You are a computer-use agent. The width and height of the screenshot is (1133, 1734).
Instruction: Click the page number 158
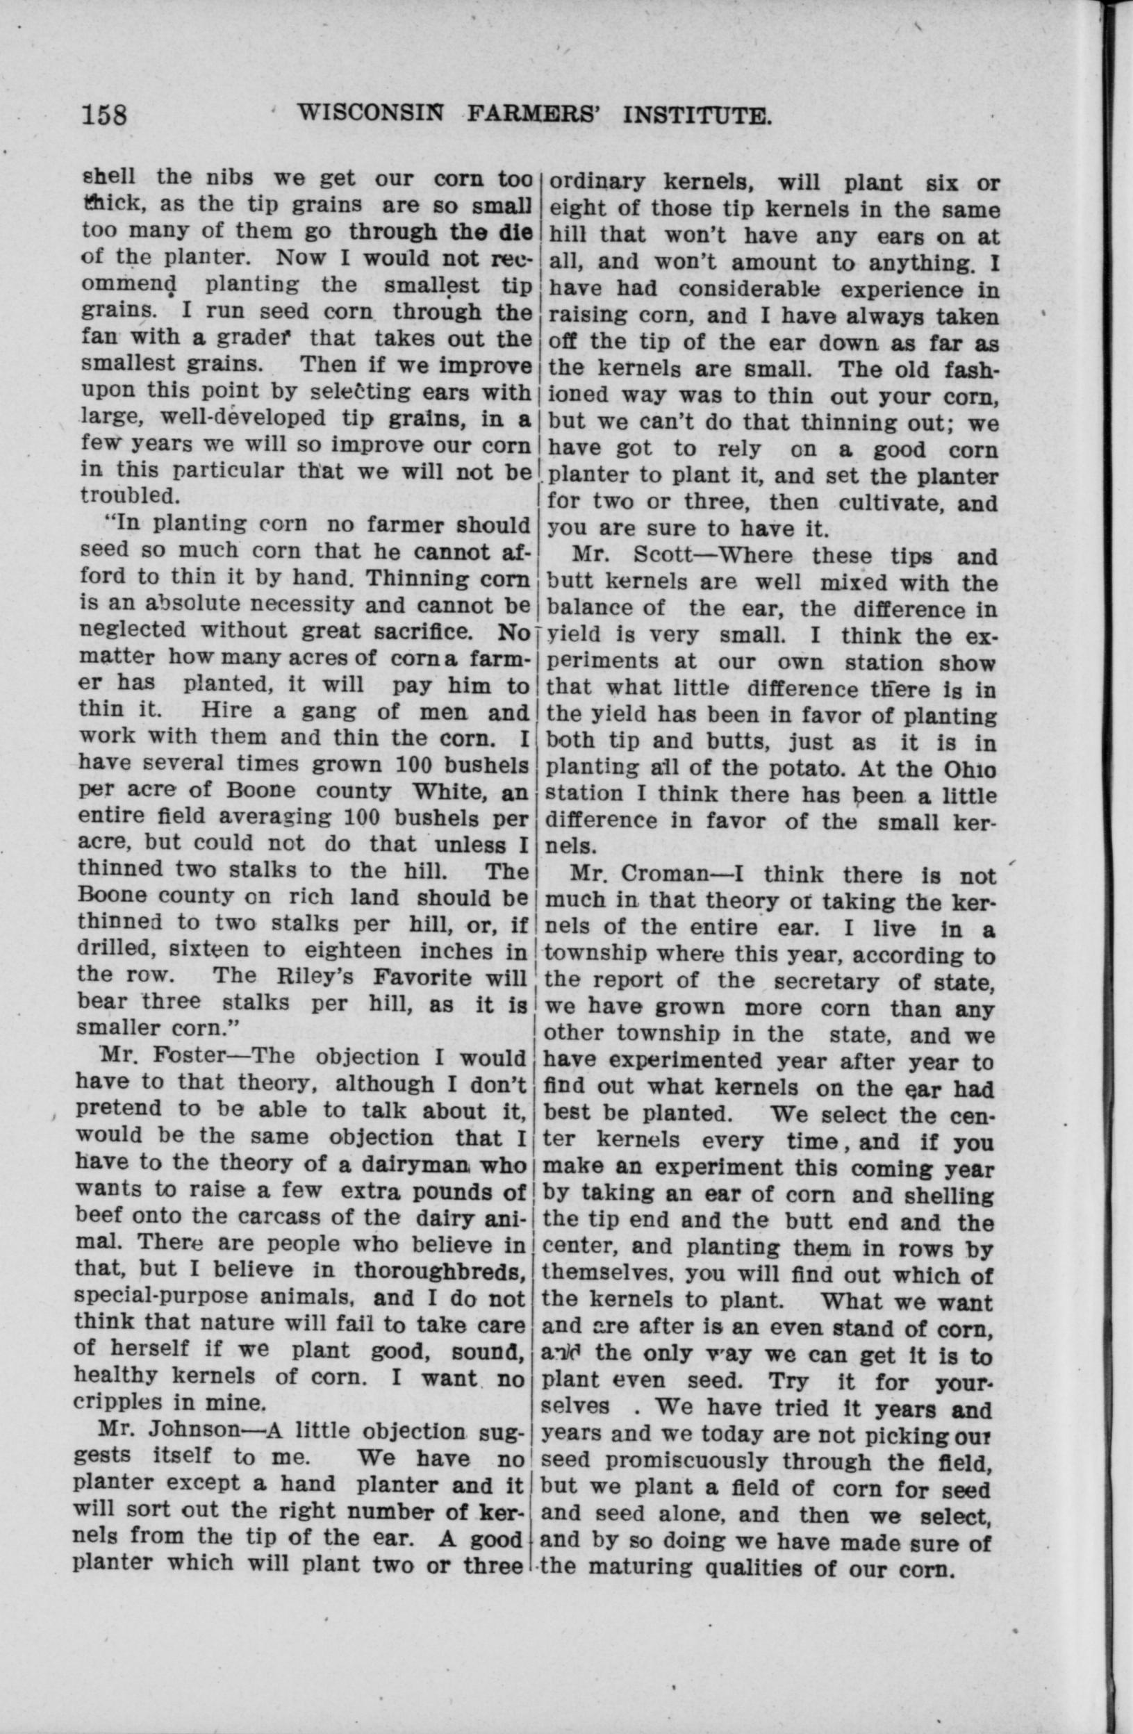104,115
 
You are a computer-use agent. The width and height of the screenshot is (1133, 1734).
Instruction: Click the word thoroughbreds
439,1271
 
